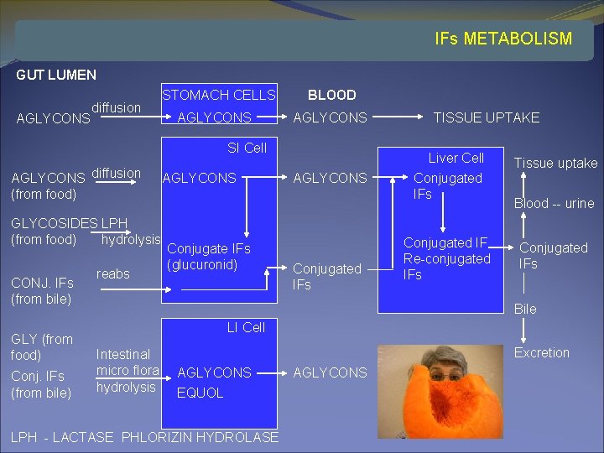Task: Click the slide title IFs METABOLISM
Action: pyautogui.click(x=503, y=39)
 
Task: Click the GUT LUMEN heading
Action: pyautogui.click(x=56, y=75)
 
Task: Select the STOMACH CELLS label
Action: pyautogui.click(x=218, y=95)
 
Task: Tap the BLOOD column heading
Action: pyautogui.click(x=331, y=95)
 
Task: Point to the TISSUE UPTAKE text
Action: pyautogui.click(x=486, y=117)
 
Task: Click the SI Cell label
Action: pyautogui.click(x=247, y=148)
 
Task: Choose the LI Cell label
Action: pyautogui.click(x=246, y=327)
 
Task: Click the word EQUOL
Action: pyautogui.click(x=200, y=393)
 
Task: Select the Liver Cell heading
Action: pyautogui.click(x=456, y=158)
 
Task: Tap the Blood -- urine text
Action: pyautogui.click(x=554, y=203)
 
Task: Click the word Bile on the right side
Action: pyautogui.click(x=525, y=309)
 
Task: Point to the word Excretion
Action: pyautogui.click(x=541, y=352)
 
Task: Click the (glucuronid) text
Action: pyautogui.click(x=202, y=264)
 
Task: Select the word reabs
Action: pyautogui.click(x=113, y=273)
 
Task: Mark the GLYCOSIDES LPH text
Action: pyautogui.click(x=69, y=224)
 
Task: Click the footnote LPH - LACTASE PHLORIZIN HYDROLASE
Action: pyautogui.click(x=144, y=437)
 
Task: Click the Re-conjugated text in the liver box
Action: pyautogui.click(x=446, y=258)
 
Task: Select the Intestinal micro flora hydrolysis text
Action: pyautogui.click(x=127, y=371)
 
